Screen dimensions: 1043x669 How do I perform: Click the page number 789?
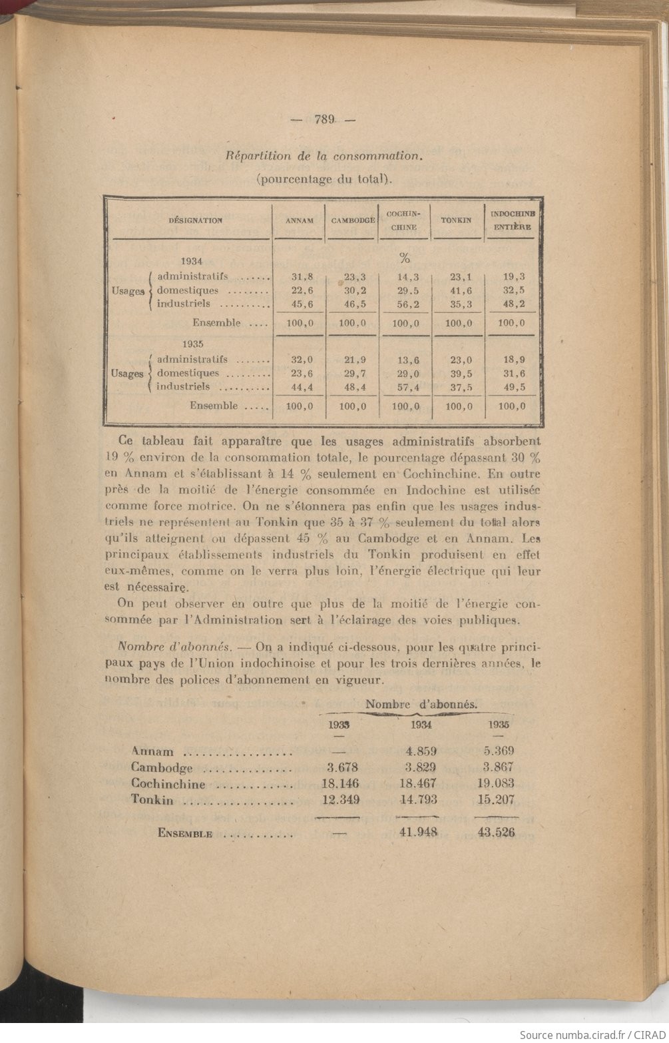[324, 120]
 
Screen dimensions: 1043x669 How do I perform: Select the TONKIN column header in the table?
[456, 220]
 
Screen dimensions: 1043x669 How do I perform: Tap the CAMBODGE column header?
[353, 220]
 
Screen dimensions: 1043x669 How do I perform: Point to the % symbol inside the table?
[404, 258]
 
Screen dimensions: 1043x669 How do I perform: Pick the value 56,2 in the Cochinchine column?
[405, 304]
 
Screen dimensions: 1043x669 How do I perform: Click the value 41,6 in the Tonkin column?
[457, 290]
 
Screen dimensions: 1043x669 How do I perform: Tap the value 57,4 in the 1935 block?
[405, 387]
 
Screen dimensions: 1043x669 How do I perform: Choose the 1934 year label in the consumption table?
[191, 262]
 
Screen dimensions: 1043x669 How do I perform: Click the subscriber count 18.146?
[336, 783]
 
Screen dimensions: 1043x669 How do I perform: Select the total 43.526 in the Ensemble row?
[497, 833]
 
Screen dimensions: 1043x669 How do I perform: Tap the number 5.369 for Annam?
[498, 751]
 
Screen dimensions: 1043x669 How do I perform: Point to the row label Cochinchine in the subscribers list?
[168, 784]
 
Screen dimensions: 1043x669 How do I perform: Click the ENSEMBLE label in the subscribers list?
[185, 833]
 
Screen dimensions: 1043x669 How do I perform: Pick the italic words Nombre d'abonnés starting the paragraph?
[171, 646]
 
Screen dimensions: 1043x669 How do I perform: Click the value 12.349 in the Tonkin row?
[336, 800]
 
